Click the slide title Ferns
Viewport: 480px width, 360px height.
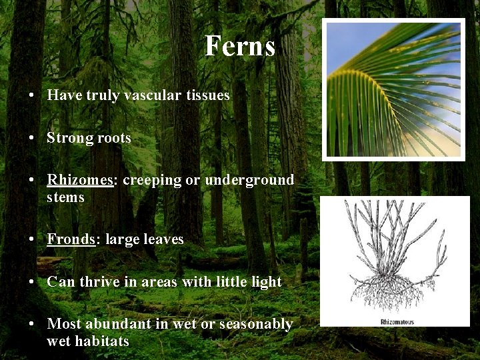click(x=239, y=46)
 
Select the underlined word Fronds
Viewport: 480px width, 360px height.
click(x=71, y=239)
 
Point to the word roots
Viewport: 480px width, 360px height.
click(x=113, y=138)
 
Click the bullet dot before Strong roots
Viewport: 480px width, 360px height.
click(x=32, y=139)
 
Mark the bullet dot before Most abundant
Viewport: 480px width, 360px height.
click(x=32, y=325)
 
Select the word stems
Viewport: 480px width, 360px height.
click(x=65, y=197)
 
